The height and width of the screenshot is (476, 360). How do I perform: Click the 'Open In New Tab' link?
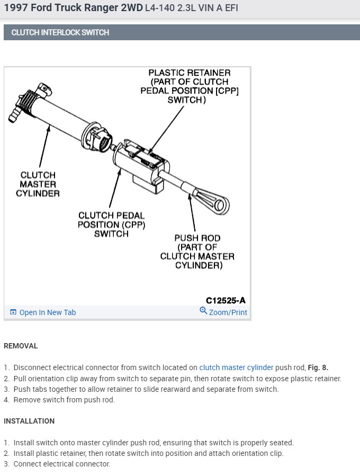tap(48, 312)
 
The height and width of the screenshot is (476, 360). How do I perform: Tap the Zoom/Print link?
tap(228, 312)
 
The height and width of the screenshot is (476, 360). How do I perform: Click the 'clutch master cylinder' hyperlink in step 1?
tap(236, 367)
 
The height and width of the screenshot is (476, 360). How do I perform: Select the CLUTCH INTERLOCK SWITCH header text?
tap(60, 32)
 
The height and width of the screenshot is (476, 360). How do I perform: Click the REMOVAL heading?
tap(21, 346)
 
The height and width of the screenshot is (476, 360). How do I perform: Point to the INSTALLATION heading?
tap(29, 421)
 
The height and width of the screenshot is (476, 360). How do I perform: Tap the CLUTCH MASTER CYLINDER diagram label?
tap(40, 184)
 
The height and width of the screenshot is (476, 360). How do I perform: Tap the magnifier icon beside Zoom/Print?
tap(203, 311)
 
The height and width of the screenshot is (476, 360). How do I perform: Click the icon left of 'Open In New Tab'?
tap(13, 312)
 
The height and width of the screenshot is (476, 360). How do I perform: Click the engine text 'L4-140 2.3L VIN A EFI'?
tap(191, 9)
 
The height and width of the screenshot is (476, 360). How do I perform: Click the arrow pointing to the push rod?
tap(192, 212)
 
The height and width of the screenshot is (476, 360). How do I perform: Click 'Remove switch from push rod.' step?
tap(64, 400)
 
